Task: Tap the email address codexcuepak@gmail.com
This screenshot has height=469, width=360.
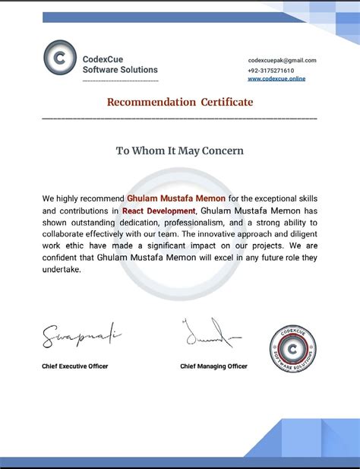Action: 282,60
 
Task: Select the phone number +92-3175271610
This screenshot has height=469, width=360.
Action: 270,70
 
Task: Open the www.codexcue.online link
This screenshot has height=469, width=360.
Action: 276,79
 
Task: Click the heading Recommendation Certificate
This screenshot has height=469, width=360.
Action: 179,102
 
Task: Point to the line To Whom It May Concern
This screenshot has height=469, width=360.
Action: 179,151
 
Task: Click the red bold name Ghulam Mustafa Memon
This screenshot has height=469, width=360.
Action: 176,198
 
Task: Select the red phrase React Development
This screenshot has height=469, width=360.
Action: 159,210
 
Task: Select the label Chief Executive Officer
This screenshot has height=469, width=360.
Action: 75,366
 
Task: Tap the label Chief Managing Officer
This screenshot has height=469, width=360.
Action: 213,366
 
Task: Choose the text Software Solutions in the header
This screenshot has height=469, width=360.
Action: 120,70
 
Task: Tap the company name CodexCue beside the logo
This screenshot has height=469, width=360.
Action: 103,59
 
